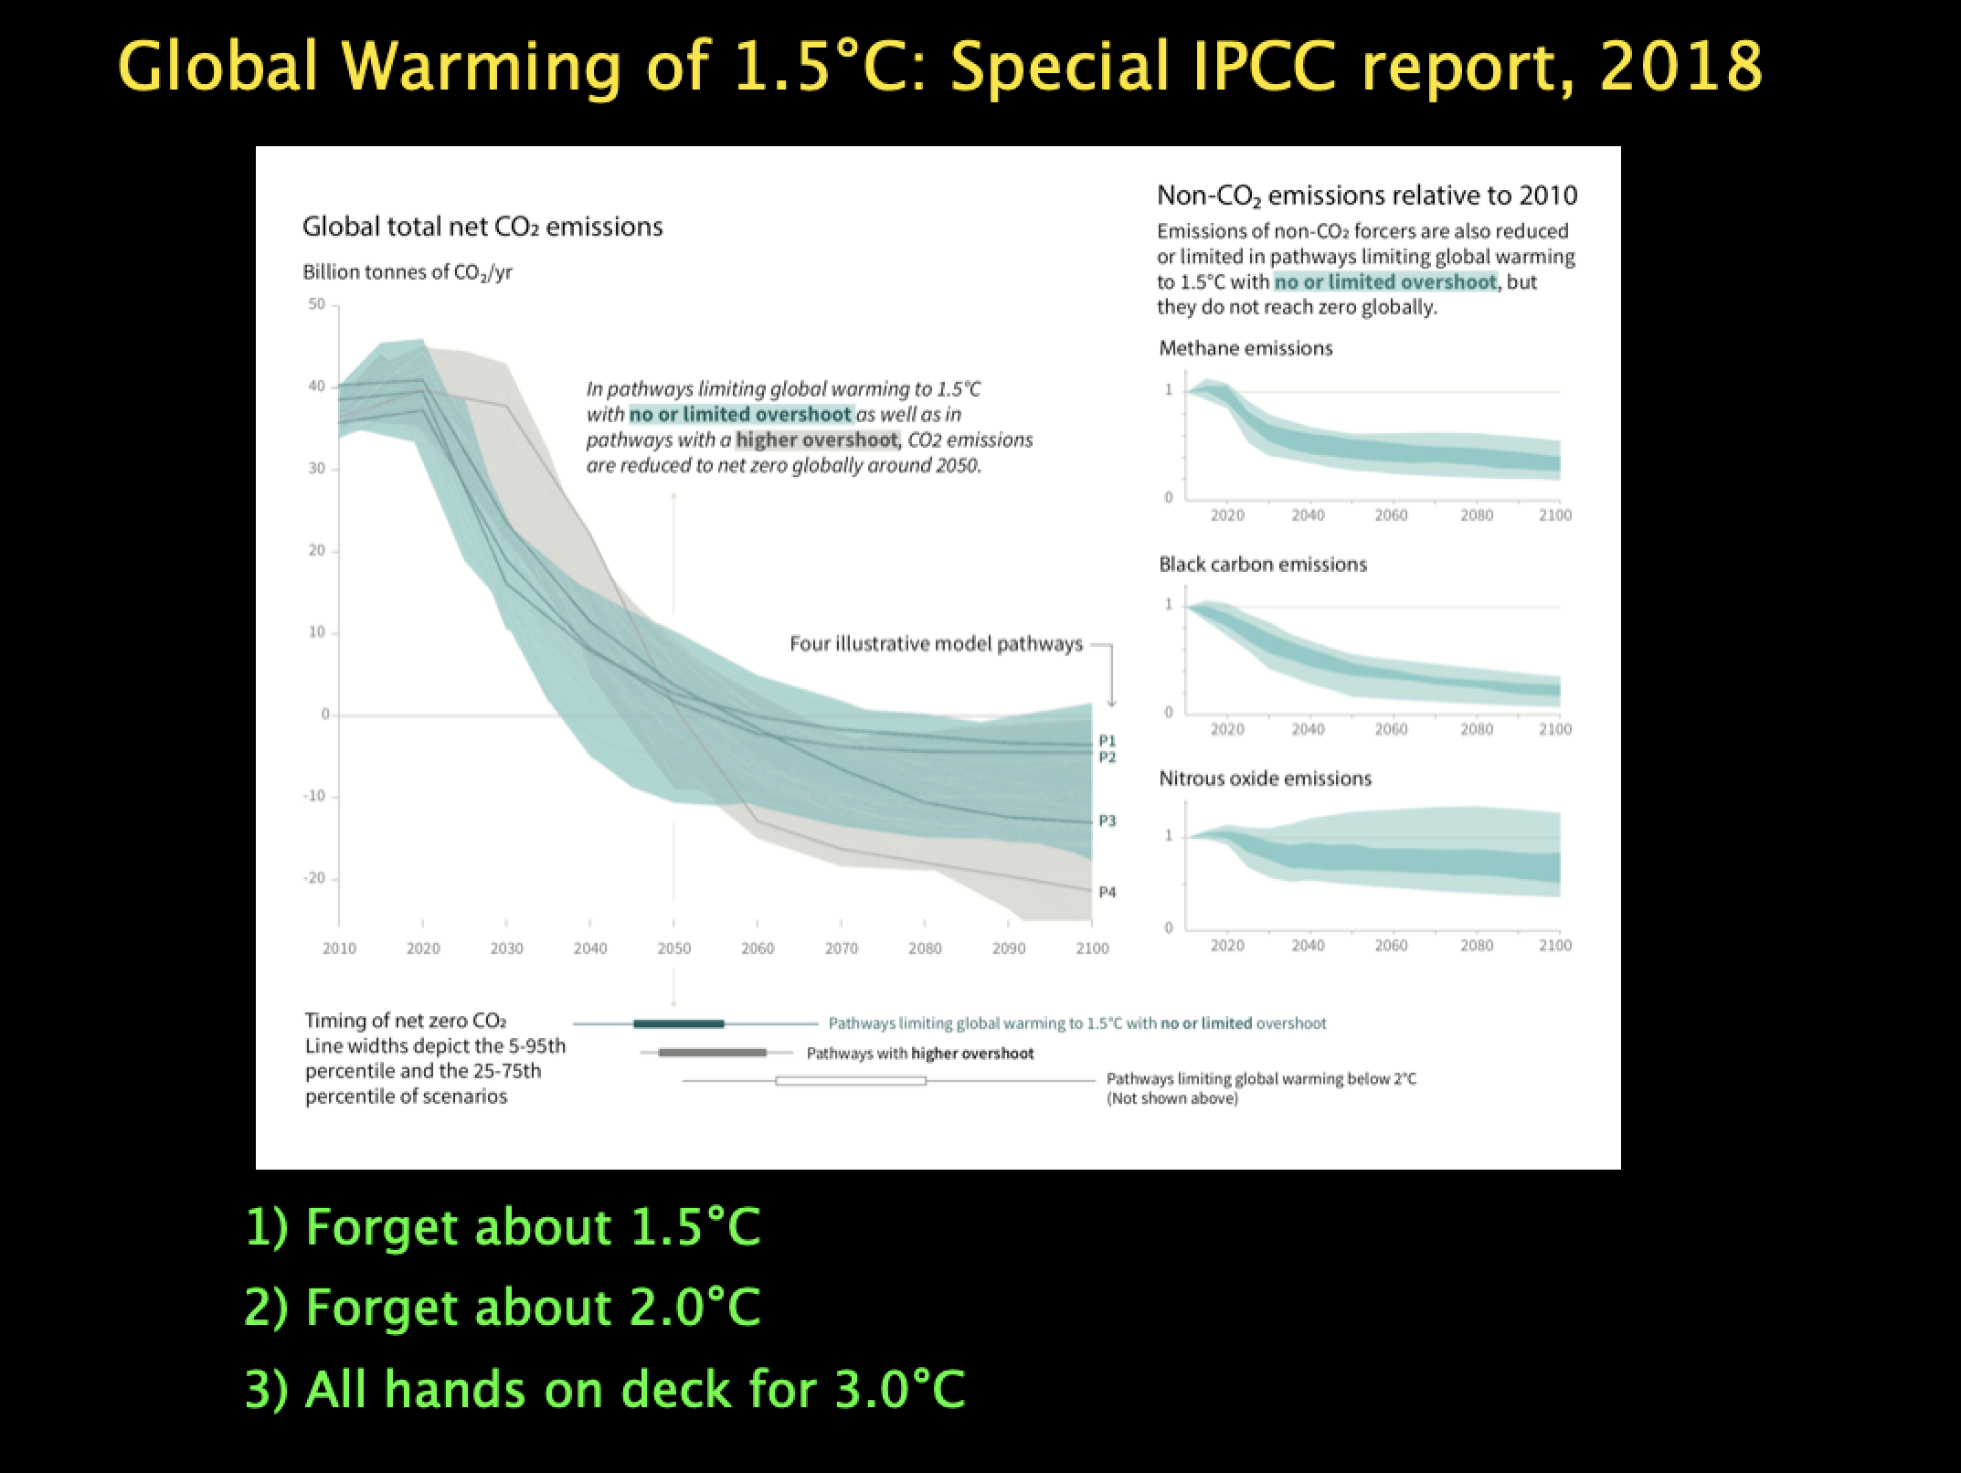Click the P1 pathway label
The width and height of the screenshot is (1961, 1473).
[1107, 740]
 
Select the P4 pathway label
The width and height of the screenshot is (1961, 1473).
[1107, 892]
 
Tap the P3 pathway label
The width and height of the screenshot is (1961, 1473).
[1107, 821]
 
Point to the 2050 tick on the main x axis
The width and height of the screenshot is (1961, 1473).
[674, 948]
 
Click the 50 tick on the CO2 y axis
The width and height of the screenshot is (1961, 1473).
[316, 304]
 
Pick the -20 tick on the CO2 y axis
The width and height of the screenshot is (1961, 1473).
[313, 878]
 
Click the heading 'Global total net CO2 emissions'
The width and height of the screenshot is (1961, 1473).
[482, 227]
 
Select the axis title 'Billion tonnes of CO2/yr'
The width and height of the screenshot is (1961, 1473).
[408, 272]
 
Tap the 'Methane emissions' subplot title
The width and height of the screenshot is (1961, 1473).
[1245, 348]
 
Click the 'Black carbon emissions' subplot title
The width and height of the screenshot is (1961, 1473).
[1263, 564]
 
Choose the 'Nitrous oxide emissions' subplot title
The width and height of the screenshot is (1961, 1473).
[1266, 779]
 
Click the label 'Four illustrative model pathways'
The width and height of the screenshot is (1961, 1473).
[936, 644]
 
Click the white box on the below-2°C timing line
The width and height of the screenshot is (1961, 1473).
[851, 1081]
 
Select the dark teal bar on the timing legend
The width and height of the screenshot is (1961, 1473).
[679, 1023]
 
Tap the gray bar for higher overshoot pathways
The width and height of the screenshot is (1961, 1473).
[713, 1053]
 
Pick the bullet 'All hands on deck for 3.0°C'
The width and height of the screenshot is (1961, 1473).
[606, 1389]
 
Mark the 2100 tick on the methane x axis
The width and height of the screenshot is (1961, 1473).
[1555, 515]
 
